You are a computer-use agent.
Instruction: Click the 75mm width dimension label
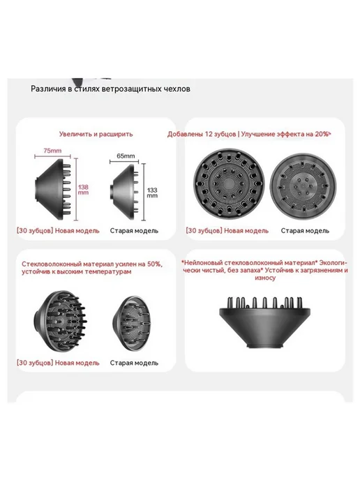coord(52,151)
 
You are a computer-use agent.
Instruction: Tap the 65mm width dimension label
coord(126,156)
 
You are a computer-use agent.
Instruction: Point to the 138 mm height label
coord(83,190)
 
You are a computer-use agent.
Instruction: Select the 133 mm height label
coord(152,193)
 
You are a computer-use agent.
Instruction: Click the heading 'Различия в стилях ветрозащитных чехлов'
coord(110,89)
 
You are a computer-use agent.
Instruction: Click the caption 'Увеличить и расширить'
coord(96,134)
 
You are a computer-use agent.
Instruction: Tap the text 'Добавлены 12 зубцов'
coord(202,134)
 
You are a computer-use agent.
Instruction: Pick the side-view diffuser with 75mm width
coord(53,189)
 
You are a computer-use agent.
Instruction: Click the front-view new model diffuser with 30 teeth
coord(229,183)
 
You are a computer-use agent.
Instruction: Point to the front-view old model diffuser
coord(303,185)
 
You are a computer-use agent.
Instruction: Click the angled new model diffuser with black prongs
coord(60,321)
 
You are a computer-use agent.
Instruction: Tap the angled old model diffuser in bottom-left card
coord(133,323)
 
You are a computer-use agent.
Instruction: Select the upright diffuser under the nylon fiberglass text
coord(265,322)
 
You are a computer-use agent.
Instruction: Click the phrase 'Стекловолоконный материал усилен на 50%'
coord(92,264)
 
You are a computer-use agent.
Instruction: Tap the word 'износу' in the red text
coord(265,278)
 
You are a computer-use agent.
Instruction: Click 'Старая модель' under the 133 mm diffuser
coord(134,231)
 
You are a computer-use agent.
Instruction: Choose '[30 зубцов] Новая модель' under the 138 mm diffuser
coord(58,231)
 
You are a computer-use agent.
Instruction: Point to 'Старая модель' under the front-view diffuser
coord(305,231)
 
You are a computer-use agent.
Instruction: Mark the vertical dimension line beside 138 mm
coord(76,189)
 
